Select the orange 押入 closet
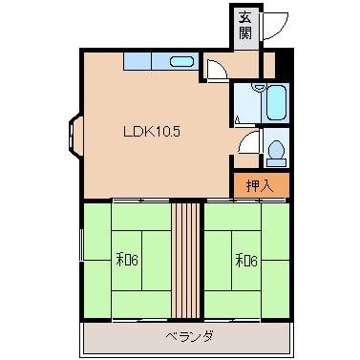click(260, 184)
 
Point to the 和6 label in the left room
click(130, 259)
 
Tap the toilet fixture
click(275, 149)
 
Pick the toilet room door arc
click(250, 143)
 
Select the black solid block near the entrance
click(282, 63)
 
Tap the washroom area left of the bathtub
click(245, 102)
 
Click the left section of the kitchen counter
click(138, 62)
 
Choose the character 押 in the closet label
click(252, 184)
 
